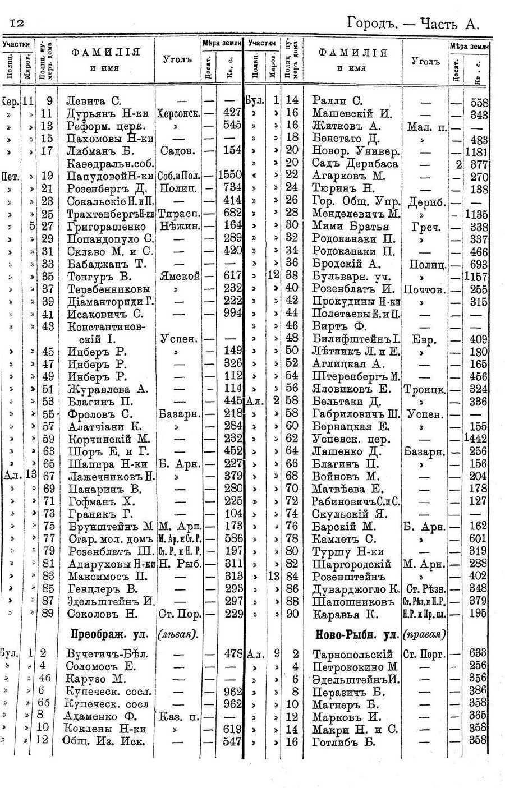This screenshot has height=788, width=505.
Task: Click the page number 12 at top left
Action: coord(15,22)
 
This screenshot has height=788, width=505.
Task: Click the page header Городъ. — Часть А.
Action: coord(413,23)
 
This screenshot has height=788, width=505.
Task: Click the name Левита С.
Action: coord(94,102)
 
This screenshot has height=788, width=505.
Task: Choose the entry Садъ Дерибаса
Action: coord(355,164)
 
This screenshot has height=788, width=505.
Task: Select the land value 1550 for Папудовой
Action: coord(229,176)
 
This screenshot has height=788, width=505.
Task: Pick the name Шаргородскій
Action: coord(351,564)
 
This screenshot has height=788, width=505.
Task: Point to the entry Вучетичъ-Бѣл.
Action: coord(108,655)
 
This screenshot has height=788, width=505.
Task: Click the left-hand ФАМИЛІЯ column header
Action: coord(105,53)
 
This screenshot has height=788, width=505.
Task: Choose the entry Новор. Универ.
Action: coord(356,151)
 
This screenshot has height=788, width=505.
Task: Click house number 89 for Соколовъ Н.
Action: coord(48,614)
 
